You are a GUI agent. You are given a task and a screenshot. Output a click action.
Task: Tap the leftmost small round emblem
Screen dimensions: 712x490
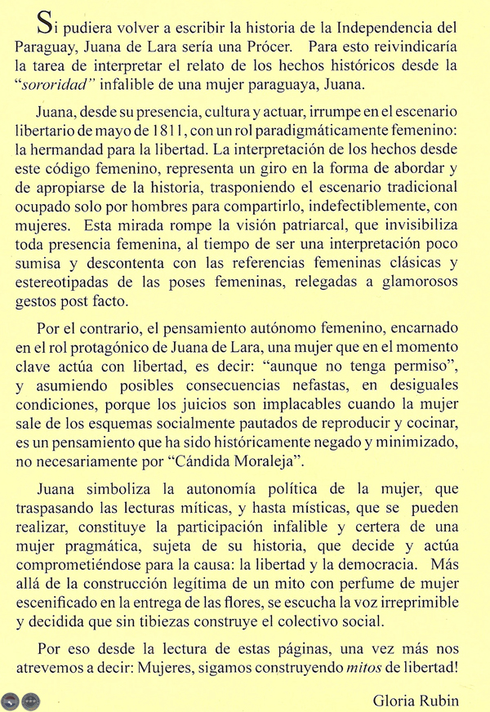pos(11,700)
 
